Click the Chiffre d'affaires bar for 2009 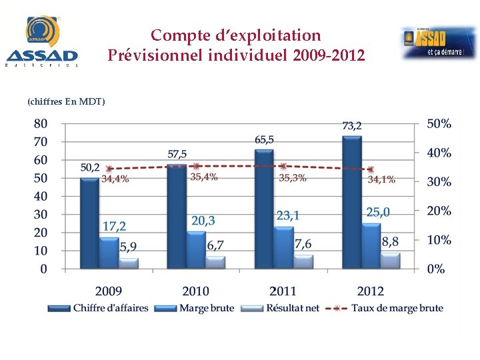click(x=89, y=223)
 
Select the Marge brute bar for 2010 click(x=196, y=250)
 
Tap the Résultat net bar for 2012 click(x=390, y=261)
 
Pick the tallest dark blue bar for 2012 click(x=351, y=203)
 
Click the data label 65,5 click(x=264, y=139)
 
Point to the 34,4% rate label click(x=115, y=179)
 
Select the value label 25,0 click(x=377, y=212)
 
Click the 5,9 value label click(x=129, y=247)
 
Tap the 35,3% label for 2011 click(x=293, y=177)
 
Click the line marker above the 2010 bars click(x=195, y=166)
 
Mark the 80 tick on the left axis click(x=40, y=123)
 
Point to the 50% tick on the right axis click(x=439, y=123)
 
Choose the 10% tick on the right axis click(x=439, y=239)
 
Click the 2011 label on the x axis click(x=283, y=291)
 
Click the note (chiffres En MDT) click(x=66, y=101)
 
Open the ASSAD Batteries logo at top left click(x=42, y=41)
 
